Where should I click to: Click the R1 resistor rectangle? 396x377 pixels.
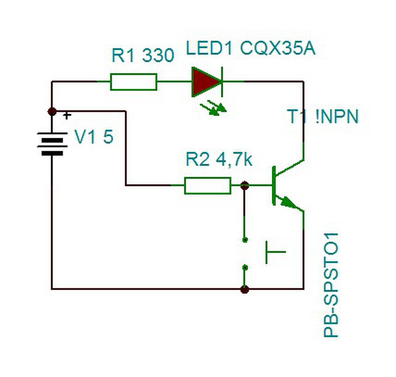134,82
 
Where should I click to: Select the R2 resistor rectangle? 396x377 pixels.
208,186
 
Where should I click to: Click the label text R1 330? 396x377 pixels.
143,55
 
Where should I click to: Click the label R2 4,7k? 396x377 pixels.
219,160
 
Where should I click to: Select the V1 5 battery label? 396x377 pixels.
94,137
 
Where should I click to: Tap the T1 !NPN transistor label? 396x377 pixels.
323,116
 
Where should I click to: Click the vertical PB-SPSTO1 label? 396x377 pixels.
331,285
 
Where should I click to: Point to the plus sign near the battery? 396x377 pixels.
67,116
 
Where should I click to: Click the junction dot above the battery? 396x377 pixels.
52,111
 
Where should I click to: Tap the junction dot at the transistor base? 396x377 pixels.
244,186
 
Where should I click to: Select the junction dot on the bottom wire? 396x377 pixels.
244,289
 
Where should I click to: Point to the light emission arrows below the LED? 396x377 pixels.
214,108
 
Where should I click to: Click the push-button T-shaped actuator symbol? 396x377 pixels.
276,252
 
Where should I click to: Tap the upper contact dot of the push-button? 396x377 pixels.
245,239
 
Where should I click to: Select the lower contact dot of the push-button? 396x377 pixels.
245,267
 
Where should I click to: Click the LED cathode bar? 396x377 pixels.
222,82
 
